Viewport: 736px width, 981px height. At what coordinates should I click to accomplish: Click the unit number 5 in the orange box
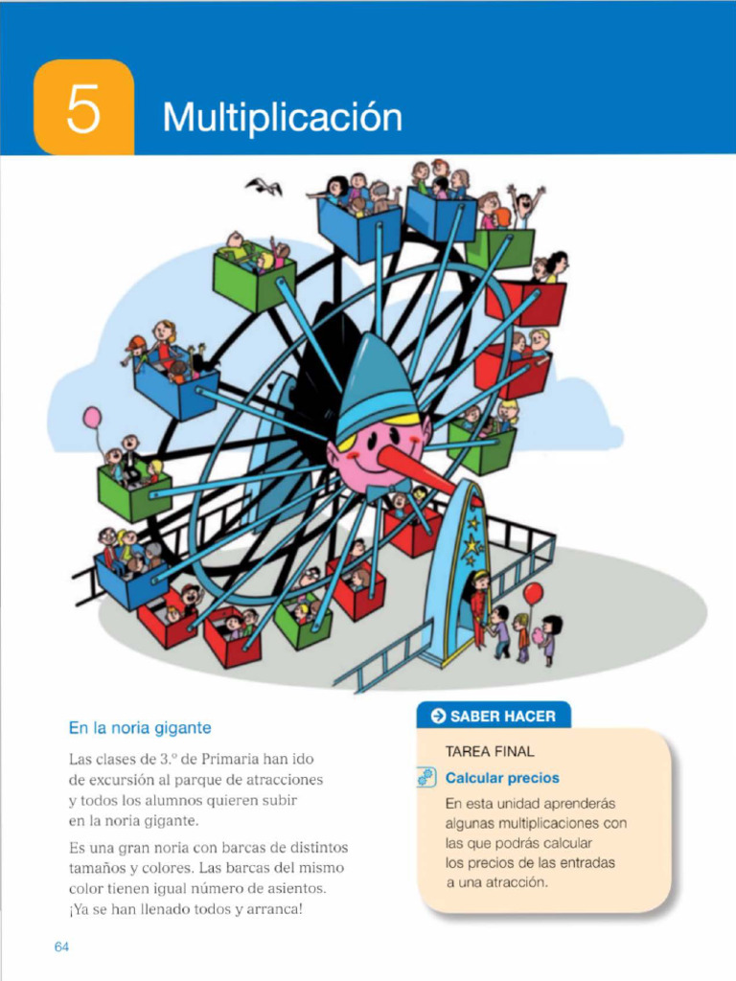tap(82, 110)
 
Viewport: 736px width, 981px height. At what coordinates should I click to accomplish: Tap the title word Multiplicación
tap(282, 118)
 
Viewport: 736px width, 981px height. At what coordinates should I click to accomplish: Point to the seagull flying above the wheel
tap(264, 186)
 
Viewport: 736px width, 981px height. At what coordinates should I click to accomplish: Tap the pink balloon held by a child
tap(92, 418)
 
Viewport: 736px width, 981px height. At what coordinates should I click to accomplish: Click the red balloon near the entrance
tap(533, 594)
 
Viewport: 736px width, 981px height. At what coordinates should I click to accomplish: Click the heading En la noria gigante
tap(140, 728)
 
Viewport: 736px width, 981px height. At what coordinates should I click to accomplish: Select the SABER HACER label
tap(502, 716)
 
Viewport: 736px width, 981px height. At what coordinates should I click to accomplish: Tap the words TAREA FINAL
tap(490, 752)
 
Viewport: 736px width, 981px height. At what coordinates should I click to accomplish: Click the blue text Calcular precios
tap(502, 778)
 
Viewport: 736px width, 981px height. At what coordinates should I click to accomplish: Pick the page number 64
tap(62, 947)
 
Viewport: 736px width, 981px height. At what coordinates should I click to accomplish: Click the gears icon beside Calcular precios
tap(426, 778)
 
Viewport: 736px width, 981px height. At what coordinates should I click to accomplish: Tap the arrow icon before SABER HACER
tap(439, 716)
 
